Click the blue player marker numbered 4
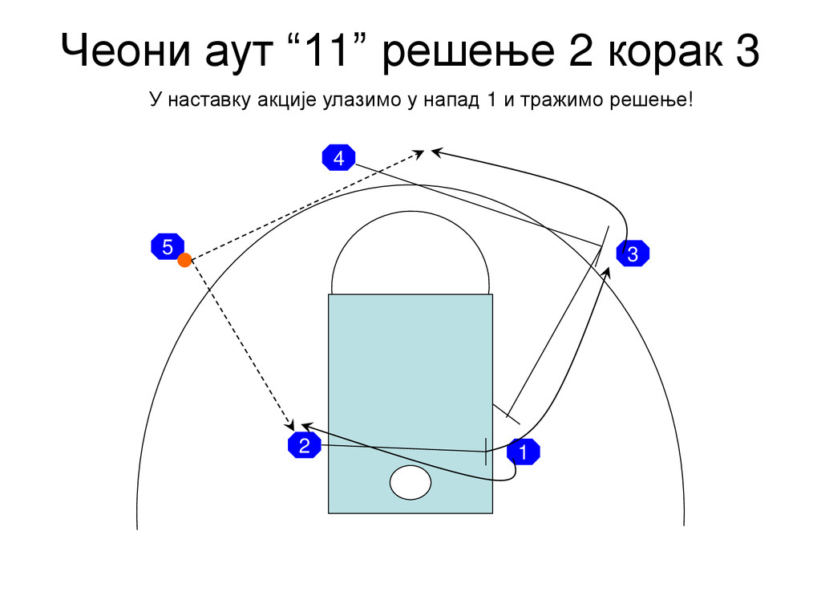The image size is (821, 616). coord(339,159)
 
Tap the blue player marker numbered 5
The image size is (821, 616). coord(167,248)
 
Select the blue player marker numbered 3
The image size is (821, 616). coord(633,255)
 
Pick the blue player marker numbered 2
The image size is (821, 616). coord(304,447)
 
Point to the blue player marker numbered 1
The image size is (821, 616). coord(523,452)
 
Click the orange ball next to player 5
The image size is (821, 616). coord(184,260)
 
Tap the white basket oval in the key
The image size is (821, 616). coord(410,481)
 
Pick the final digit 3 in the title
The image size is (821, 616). coord(745,52)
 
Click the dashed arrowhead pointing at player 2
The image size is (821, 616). coord(291,423)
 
